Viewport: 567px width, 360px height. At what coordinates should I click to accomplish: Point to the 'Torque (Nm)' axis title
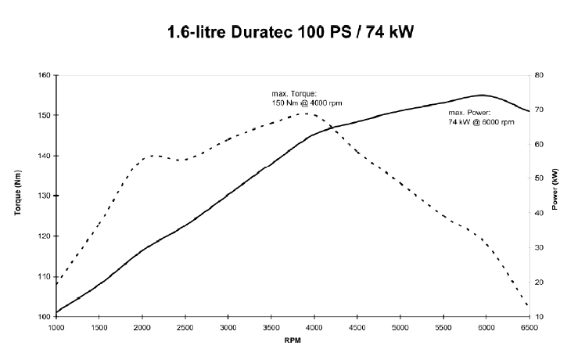click(17, 195)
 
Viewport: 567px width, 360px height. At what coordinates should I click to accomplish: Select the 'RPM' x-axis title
click(292, 340)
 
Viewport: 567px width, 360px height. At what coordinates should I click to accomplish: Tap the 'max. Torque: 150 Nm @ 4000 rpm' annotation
click(307, 99)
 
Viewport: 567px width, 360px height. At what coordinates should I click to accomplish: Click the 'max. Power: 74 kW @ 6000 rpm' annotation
click(481, 118)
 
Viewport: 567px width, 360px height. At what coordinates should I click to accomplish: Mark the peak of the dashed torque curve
click(306, 113)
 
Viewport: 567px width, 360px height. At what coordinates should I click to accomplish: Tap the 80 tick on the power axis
click(539, 75)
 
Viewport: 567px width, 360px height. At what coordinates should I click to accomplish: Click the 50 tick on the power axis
click(539, 178)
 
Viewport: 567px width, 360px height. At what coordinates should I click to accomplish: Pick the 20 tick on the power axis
click(539, 282)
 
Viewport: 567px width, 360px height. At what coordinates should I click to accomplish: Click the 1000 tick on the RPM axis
click(56, 326)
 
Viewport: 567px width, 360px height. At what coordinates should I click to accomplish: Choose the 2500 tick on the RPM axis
click(185, 326)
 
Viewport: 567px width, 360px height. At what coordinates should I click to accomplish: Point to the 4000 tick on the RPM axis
click(314, 326)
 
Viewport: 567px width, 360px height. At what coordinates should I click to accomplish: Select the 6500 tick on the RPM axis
click(529, 326)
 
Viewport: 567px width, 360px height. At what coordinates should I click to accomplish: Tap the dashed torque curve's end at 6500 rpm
click(529, 306)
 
